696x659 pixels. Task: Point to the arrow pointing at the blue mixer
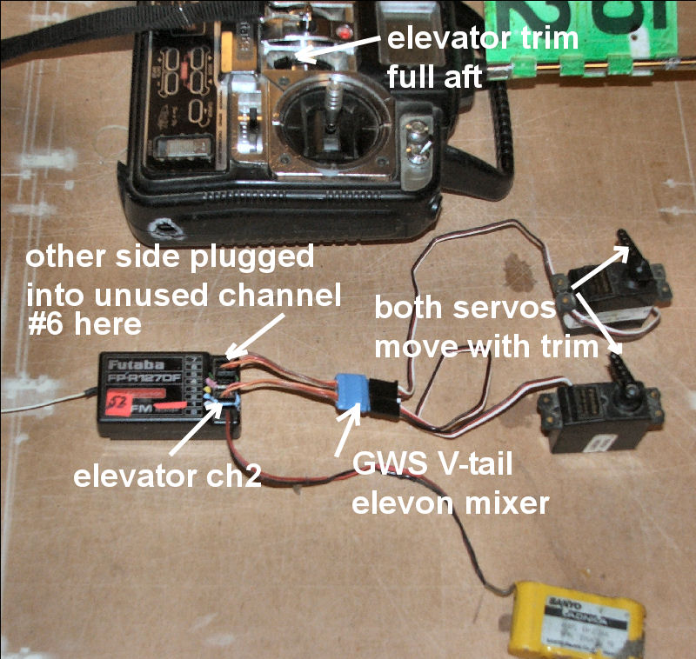coord(345,429)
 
